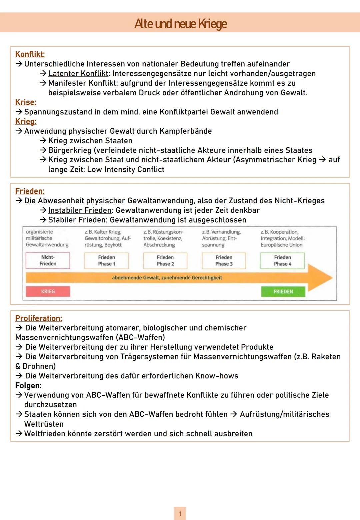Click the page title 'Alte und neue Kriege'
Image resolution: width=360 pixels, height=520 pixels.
(180, 24)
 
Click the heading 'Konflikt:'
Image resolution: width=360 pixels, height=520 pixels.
(30, 54)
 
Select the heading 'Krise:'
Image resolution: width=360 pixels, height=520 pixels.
(26, 102)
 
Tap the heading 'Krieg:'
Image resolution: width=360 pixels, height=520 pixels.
(26, 121)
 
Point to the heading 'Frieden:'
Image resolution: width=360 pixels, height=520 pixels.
(30, 191)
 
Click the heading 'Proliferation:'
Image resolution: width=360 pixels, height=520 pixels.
(39, 318)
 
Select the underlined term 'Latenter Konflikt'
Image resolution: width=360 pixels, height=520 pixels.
(78, 73)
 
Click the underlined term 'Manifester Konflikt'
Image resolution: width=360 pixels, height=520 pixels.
(82, 83)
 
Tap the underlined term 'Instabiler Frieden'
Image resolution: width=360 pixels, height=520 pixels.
(80, 210)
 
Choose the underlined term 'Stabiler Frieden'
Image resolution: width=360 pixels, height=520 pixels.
(77, 220)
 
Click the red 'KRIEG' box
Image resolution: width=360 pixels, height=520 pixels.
(48, 291)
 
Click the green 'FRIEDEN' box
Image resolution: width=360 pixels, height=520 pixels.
(283, 292)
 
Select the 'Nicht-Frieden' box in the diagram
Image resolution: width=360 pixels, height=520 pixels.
(48, 260)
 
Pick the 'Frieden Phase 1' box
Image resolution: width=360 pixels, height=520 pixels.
(106, 260)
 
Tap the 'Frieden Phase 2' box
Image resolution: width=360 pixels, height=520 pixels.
(165, 260)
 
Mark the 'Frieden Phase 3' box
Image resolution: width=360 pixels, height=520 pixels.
(224, 260)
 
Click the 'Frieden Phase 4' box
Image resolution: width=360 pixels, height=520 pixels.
(283, 260)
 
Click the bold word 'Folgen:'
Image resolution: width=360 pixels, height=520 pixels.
(28, 386)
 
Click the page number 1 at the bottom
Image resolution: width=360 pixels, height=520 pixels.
(180, 514)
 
